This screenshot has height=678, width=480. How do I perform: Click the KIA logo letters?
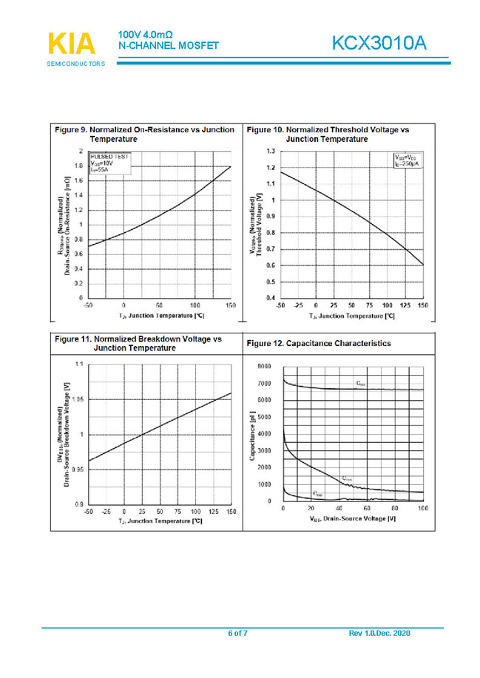72,44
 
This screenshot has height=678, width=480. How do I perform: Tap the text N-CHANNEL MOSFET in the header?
168,46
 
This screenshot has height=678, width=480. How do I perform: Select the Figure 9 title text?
145,134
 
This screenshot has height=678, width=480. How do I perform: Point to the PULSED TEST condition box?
109,163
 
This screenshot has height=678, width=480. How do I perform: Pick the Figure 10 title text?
328,134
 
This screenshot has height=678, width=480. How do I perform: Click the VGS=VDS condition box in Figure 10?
405,160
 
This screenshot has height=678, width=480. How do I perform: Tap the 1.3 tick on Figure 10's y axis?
271,151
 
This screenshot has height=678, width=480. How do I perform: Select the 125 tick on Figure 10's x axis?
405,305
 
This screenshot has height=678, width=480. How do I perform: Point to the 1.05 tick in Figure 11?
76,400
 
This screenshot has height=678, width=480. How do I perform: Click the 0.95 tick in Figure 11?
76,469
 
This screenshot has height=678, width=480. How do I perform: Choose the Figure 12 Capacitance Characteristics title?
319,344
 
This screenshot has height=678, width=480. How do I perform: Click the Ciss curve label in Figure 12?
360,384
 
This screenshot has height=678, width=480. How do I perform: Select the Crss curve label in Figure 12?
317,492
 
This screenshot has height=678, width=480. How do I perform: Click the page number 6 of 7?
237,634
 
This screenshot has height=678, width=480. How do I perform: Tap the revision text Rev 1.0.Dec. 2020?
379,634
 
